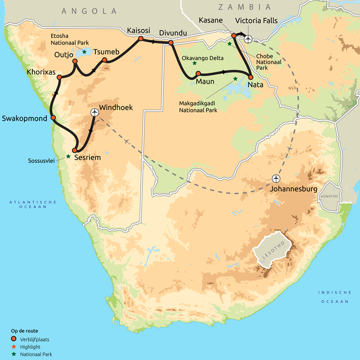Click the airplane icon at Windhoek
tap(94, 112)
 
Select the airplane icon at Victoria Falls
tap(247, 39)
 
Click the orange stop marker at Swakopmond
tap(53, 118)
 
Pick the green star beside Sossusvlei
tap(68, 157)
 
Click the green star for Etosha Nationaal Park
tap(84, 52)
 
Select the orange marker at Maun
tap(198, 73)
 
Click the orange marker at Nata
tap(251, 77)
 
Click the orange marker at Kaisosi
tap(140, 39)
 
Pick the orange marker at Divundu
tap(171, 43)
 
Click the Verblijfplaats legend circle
tap(13, 338)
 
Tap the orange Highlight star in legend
tap(13, 347)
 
